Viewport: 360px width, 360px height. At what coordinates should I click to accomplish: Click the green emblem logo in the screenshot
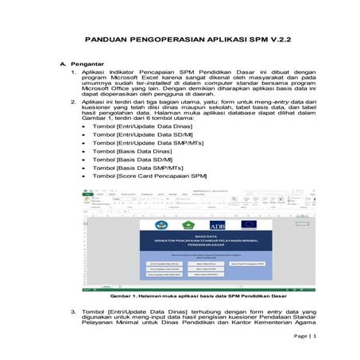(188, 224)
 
